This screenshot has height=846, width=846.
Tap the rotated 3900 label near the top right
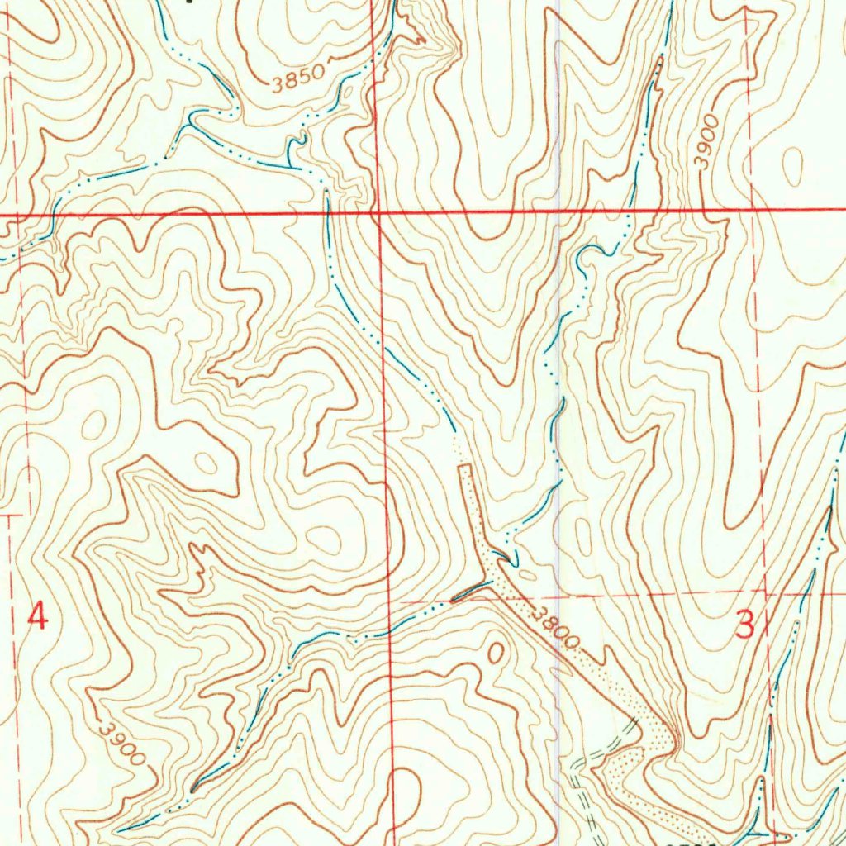click(x=708, y=142)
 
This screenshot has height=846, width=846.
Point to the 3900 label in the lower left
click(x=121, y=743)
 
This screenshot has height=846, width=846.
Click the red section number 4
click(x=37, y=616)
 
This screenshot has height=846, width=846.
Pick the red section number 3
click(x=745, y=625)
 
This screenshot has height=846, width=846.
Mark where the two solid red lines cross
click(x=377, y=214)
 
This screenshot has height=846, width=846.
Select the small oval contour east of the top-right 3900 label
click(x=792, y=167)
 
